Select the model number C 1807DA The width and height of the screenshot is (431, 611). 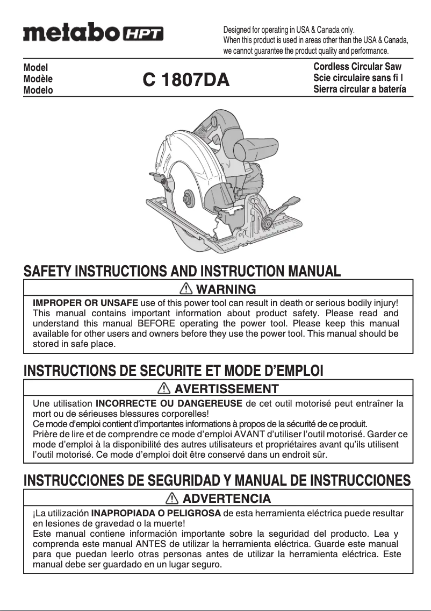coord(186,80)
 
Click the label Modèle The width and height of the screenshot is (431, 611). coord(38,79)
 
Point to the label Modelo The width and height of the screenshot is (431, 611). coord(38,90)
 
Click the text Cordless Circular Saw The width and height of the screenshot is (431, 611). coord(357,67)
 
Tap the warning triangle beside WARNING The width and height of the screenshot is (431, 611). coord(188,289)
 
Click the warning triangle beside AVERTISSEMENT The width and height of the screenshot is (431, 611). coord(166,388)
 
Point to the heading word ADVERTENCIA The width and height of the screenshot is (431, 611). coord(227,499)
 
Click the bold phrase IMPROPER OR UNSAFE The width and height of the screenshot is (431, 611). coord(86,303)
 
